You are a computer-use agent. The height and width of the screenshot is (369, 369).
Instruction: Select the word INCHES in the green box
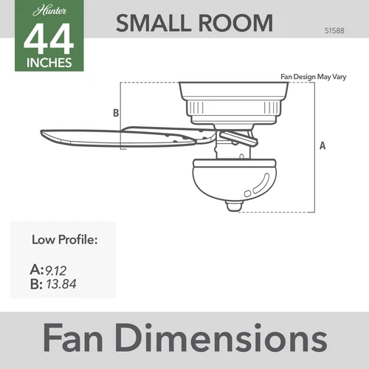49,62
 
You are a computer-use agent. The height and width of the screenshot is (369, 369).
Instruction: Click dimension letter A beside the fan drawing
323,145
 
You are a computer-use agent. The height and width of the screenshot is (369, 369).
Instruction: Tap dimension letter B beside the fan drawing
115,113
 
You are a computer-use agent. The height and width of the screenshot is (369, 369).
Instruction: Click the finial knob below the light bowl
233,207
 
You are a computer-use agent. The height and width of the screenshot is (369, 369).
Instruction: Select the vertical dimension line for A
315,147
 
